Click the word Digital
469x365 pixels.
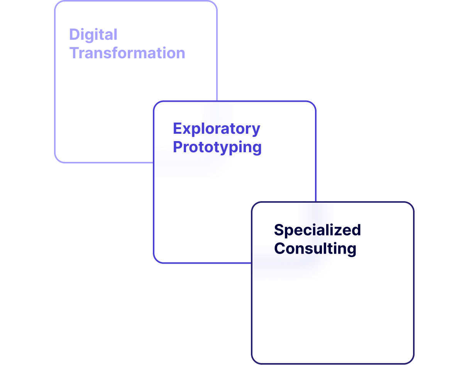[x=93, y=35]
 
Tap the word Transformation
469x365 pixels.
[x=127, y=53]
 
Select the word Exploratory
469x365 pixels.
[x=217, y=129]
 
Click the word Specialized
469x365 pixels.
[x=317, y=230]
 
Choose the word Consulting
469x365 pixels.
[x=315, y=249]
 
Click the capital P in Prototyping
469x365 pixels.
[x=178, y=147]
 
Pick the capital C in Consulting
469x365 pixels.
[x=280, y=249]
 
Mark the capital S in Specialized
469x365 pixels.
[x=279, y=230]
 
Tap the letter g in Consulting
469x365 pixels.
[x=351, y=250]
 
